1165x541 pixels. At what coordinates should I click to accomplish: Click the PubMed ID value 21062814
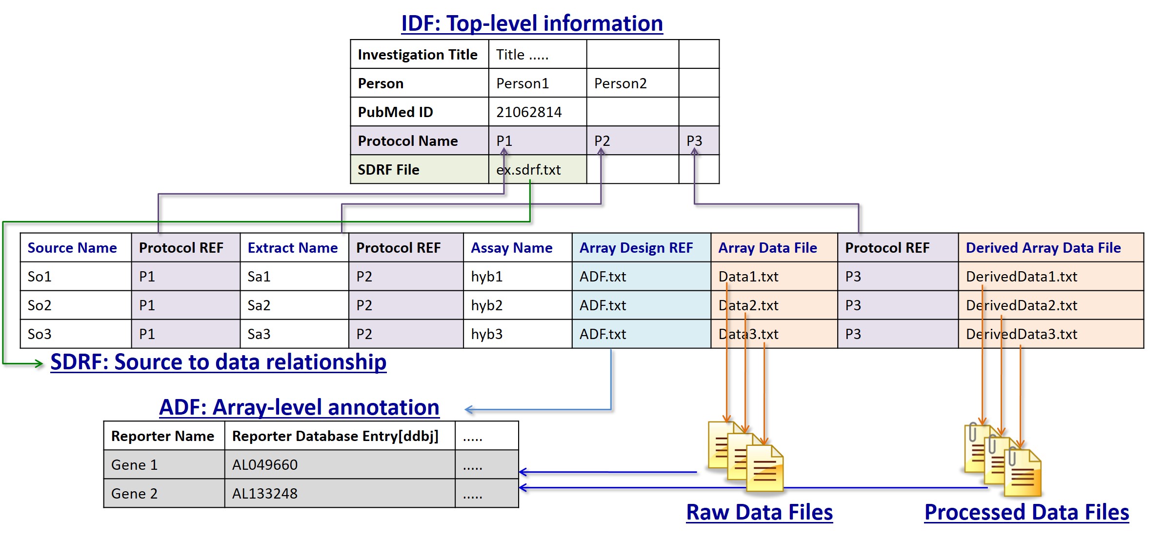[529, 112]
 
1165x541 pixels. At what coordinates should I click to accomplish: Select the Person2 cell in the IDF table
[620, 83]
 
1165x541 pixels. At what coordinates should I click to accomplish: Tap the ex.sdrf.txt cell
[528, 170]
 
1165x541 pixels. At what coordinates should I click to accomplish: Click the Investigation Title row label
[418, 55]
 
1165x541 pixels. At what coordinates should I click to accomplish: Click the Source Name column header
[72, 248]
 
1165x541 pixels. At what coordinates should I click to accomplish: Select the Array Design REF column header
[636, 248]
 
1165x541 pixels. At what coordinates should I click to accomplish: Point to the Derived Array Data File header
[1043, 248]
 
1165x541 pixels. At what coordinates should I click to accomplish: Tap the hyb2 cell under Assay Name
[486, 305]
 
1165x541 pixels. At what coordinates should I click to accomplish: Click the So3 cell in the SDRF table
[40, 334]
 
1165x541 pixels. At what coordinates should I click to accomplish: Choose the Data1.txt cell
[748, 277]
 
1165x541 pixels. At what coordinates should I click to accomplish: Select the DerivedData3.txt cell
[1022, 334]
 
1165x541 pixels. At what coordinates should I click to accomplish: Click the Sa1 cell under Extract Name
[259, 277]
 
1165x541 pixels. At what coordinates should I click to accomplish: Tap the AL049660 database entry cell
[265, 465]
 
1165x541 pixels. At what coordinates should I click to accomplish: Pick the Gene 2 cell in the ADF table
[134, 494]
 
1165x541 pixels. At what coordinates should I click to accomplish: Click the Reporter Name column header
[162, 436]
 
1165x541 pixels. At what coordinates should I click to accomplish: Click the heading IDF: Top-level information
[532, 23]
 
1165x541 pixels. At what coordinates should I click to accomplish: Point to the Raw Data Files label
[759, 512]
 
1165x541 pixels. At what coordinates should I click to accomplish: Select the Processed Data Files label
[1026, 512]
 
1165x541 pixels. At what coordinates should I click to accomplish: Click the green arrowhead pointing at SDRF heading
[39, 363]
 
